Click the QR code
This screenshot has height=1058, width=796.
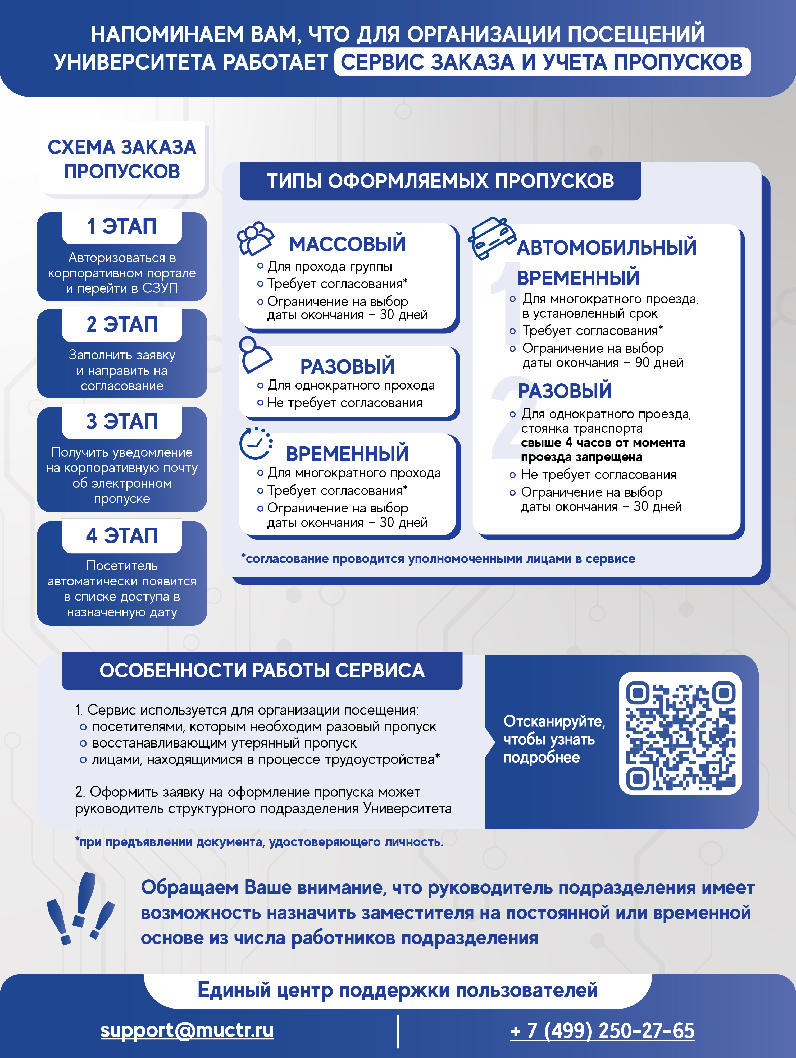tap(680, 733)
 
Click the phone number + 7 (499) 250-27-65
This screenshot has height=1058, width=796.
tap(602, 1031)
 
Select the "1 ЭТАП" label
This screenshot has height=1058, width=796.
tap(122, 227)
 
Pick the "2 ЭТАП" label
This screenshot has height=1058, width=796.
tap(122, 324)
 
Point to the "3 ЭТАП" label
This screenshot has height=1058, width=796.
tap(122, 422)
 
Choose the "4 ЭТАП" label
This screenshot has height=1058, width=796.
tap(122, 536)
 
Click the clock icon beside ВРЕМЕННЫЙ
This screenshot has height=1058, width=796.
tap(256, 443)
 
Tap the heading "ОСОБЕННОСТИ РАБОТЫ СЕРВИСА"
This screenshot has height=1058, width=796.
tap(262, 671)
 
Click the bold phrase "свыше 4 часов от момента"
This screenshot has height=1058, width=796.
tap(603, 443)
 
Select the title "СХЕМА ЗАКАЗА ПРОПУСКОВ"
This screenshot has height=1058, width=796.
tap(122, 159)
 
